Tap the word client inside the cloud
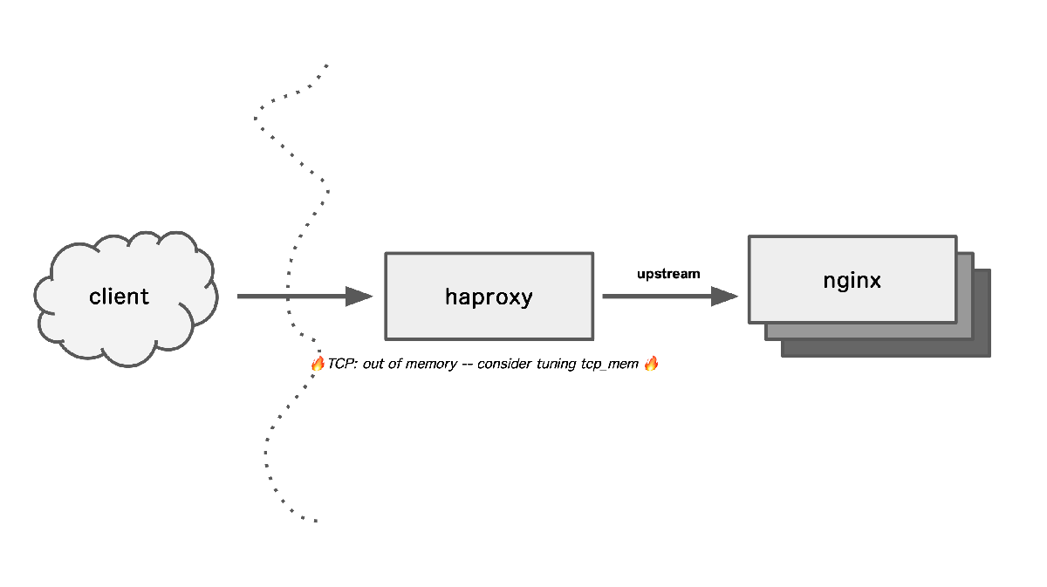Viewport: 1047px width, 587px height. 120,297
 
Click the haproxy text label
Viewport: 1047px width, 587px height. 489,297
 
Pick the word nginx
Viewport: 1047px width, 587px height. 852,281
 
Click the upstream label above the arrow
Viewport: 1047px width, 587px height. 668,274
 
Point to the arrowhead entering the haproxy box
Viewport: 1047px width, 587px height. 359,297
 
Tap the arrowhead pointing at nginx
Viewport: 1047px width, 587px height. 725,297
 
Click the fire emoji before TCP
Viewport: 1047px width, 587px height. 318,364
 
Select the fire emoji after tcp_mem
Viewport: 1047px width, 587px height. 650,364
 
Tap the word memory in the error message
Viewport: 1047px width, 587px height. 432,364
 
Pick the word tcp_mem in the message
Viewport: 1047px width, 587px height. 610,364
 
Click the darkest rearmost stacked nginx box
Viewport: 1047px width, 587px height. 982,349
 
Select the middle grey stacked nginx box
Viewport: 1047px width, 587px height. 965,331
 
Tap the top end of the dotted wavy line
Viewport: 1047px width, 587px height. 327,65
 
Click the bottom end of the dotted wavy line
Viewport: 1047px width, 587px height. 315,522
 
